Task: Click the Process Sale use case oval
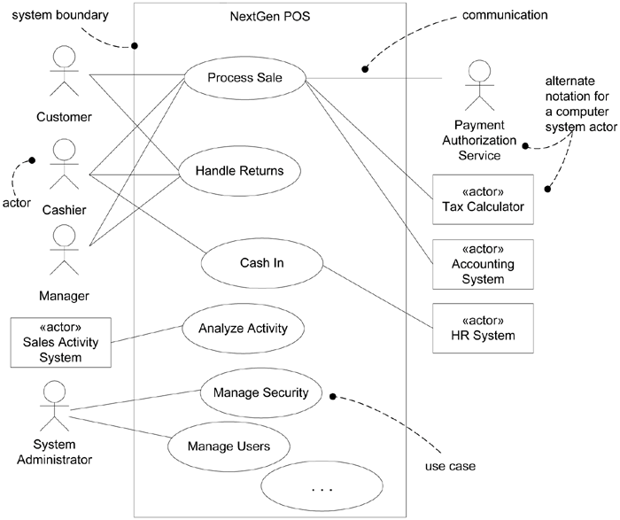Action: (244, 78)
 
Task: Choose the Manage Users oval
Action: (229, 446)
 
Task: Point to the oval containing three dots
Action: (322, 488)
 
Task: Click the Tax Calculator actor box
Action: (484, 200)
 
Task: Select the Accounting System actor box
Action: (484, 264)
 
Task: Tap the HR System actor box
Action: (484, 328)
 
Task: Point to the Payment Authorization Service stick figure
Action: (478, 85)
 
